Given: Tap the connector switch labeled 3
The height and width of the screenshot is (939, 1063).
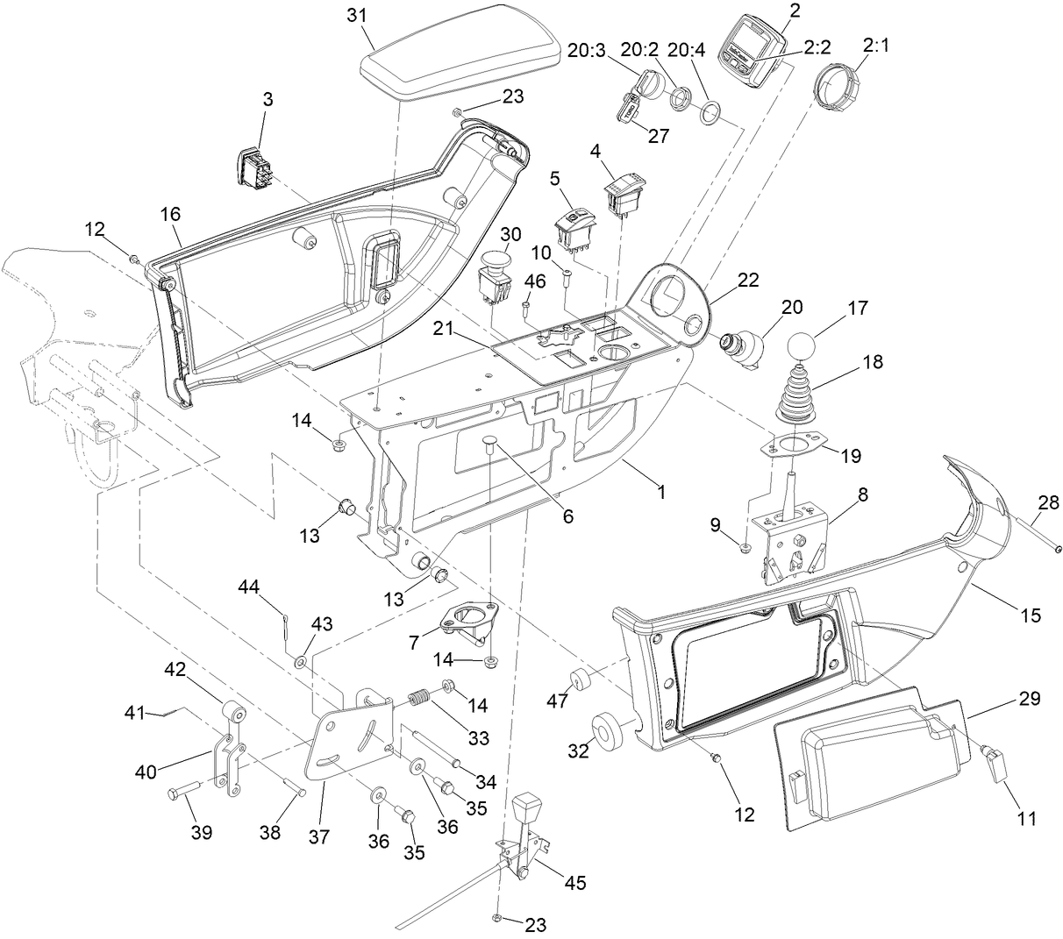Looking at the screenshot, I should [254, 166].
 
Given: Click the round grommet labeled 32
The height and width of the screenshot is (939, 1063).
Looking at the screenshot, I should [606, 729].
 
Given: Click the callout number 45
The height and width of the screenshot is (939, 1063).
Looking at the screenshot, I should [574, 882].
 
